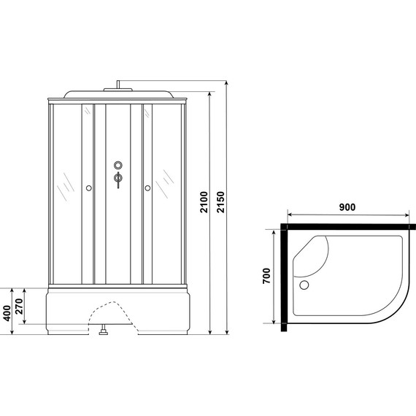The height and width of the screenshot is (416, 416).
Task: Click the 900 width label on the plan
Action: coord(347,207)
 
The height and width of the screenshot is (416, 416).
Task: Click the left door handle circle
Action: coord(89,188)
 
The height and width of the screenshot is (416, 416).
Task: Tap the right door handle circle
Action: coord(148,188)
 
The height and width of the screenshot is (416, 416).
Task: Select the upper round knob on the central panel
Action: coord(118,165)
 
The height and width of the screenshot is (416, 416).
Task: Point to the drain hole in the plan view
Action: coord(305,285)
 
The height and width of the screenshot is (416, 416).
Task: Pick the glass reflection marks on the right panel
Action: coord(168,182)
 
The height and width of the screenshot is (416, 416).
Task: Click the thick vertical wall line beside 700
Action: coord(282,277)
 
